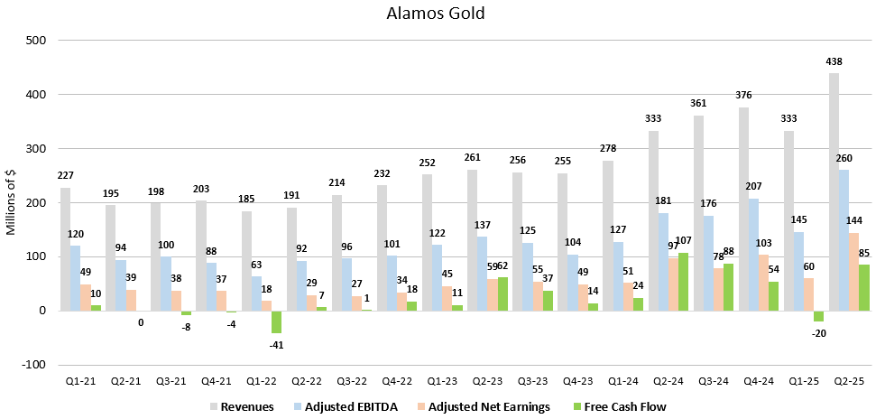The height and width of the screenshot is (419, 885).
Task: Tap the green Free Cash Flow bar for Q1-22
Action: click(x=276, y=321)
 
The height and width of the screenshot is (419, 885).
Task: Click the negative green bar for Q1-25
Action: click(x=818, y=316)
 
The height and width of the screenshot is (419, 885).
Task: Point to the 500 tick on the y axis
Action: click(x=38, y=41)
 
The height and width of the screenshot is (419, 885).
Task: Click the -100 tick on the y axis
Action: click(x=36, y=364)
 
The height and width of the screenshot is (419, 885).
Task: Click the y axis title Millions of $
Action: click(x=11, y=202)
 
